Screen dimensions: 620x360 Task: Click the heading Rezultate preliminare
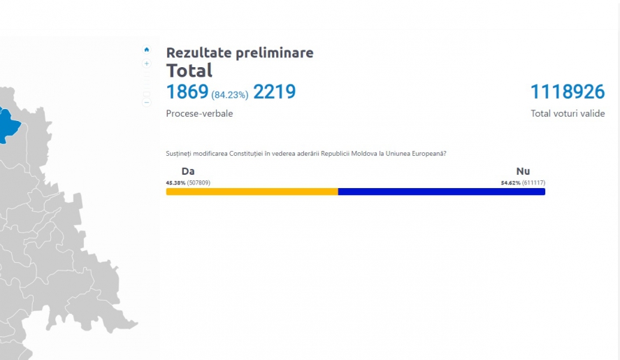[x=240, y=52]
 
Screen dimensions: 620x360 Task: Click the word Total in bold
[x=189, y=71]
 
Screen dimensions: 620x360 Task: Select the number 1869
[x=187, y=92]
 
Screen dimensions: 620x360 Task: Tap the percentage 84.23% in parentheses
[x=230, y=95]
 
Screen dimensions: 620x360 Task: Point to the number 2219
[x=275, y=92]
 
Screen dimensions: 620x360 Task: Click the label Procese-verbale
[x=199, y=113]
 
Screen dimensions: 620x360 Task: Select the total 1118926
[x=568, y=92]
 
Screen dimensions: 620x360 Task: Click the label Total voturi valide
[x=568, y=113]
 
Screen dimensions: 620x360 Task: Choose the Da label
[x=188, y=171]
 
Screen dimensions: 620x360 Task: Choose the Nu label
[x=523, y=171]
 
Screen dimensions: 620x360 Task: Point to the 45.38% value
[x=175, y=182]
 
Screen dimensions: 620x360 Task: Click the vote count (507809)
[x=199, y=182]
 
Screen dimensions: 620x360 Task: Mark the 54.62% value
[x=510, y=182]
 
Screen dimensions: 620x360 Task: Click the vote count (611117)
[x=533, y=182]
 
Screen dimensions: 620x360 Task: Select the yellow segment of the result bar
[x=252, y=192]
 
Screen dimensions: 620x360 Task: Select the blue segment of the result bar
[x=442, y=192]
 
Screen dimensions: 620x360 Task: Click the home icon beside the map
[x=147, y=50]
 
